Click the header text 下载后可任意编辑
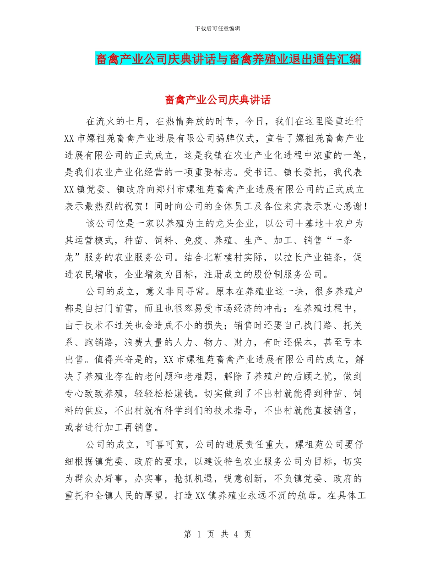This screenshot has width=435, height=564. (217, 28)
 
